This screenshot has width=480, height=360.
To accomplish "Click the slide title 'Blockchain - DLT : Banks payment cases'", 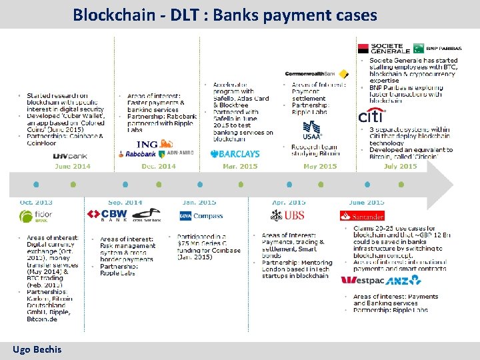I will click(x=225, y=14).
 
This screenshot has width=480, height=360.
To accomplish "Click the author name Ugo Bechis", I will click(x=37, y=349).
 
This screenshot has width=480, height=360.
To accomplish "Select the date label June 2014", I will click(x=73, y=166).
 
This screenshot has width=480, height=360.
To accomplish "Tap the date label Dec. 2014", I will click(x=157, y=166).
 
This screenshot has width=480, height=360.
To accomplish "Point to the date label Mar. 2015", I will click(x=239, y=166).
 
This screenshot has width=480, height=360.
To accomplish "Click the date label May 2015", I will click(x=320, y=166).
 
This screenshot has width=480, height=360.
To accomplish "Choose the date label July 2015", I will click(x=400, y=166).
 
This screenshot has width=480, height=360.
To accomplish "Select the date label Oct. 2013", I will click(x=36, y=202).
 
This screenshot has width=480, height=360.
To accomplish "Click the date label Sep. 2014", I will click(x=125, y=202).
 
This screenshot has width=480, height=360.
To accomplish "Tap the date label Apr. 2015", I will click(x=288, y=202).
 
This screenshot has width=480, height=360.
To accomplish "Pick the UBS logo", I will click(x=287, y=215).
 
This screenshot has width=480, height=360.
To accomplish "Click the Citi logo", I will click(x=371, y=116).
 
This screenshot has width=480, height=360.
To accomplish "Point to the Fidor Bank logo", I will click(x=35, y=216).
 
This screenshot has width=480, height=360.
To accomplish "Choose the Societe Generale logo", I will click(x=383, y=48).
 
